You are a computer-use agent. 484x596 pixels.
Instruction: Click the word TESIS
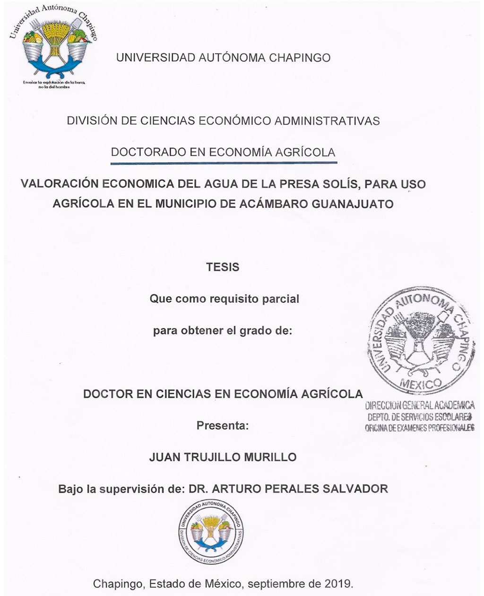coord(223,267)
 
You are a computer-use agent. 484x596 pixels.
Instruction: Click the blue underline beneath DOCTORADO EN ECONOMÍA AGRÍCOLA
coord(223,162)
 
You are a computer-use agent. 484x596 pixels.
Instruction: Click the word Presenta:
coord(223,426)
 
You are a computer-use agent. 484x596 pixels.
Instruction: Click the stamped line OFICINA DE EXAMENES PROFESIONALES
coord(419,428)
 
